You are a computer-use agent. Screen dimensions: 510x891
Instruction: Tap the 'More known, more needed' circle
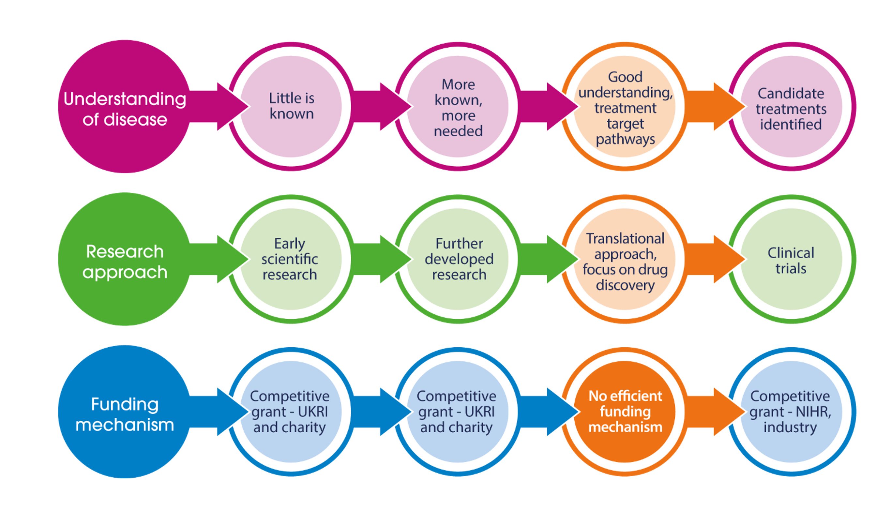458,107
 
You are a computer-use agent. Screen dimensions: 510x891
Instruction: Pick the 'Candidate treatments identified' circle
791,107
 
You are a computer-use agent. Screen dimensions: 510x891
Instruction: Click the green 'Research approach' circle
124,259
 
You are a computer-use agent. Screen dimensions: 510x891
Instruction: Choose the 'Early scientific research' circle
290,259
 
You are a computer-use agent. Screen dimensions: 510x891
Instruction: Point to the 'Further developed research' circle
458,259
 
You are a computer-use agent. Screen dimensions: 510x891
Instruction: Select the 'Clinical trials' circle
791,259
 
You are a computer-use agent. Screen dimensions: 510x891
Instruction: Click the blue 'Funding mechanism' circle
124,412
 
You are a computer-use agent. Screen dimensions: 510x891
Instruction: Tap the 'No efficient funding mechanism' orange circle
625,412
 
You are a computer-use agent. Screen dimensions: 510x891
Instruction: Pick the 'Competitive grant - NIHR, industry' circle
791,412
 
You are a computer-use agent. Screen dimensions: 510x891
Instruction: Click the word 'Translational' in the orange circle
625,239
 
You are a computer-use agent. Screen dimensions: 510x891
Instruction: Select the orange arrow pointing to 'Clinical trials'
715,259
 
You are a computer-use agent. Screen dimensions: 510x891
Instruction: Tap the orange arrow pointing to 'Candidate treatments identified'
715,107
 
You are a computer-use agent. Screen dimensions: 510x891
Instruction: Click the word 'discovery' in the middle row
625,285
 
